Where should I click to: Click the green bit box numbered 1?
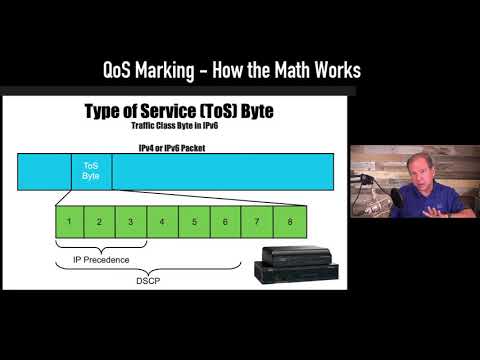coord(69,220)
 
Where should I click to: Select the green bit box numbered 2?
coord(98,220)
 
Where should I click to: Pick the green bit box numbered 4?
coord(162,220)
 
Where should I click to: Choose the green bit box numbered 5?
coord(194,220)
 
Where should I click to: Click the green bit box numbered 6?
coord(226,220)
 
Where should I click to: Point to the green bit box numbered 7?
coord(258,220)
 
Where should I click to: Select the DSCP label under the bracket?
coord(146,281)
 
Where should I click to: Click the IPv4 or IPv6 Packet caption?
coord(173,147)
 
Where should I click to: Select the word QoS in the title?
coord(122,70)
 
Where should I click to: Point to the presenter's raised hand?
coord(440,211)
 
